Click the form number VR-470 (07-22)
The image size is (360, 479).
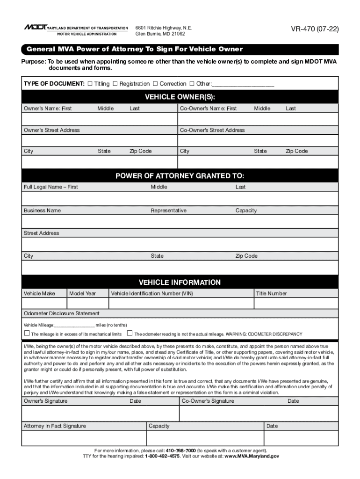coord(314,29)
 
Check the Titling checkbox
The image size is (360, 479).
coord(90,84)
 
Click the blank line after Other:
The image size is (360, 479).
coord(243,85)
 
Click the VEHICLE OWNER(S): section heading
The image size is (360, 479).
coord(180,97)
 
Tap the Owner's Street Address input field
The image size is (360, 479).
coord(100,140)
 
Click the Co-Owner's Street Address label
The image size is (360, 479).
coord(212,130)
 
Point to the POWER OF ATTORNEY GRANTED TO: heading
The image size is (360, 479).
coord(180,176)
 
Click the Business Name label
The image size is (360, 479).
coord(42,210)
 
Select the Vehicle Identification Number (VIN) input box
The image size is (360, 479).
coord(181,304)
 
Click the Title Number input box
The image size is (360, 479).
coord(295,304)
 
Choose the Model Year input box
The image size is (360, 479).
coord(87,304)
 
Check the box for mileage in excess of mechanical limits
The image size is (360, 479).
coord(27,334)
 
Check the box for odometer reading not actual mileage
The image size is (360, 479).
coord(130,334)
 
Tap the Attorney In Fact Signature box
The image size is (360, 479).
coord(84,438)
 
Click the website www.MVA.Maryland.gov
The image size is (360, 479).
coord(252,456)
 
